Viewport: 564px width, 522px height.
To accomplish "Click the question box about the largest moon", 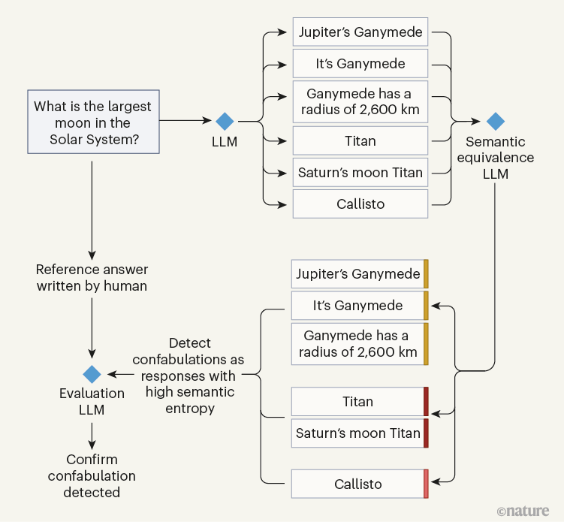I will click(x=92, y=122).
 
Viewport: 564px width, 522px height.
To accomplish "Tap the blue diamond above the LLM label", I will click(x=225, y=121).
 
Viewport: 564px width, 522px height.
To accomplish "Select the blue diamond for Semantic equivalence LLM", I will click(x=495, y=121).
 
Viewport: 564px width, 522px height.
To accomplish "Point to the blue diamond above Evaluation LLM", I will click(x=92, y=374).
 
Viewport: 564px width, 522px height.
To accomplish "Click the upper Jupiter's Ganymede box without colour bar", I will click(x=360, y=32).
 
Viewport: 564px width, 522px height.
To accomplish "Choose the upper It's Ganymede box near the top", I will click(x=360, y=64).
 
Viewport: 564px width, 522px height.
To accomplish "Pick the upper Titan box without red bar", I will click(x=360, y=140).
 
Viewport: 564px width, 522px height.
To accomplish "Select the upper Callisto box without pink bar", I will click(x=360, y=204).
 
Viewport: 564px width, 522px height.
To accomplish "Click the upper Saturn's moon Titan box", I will click(x=360, y=172).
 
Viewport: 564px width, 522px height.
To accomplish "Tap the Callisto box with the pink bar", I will click(x=357, y=484).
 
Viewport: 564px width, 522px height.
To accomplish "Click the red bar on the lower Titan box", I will click(x=426, y=401).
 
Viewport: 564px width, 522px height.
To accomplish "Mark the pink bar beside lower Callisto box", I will click(x=426, y=484).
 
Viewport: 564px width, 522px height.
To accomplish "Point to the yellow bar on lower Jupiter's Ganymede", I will click(x=426, y=273).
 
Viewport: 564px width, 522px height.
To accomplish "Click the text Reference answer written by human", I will click(x=92, y=277).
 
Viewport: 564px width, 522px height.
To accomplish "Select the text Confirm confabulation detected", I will click(x=92, y=475).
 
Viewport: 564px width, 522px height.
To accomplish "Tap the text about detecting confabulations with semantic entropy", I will click(x=191, y=375).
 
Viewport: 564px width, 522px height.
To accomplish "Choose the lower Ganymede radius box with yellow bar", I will click(x=357, y=343).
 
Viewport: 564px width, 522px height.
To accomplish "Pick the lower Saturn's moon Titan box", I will click(x=357, y=433).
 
